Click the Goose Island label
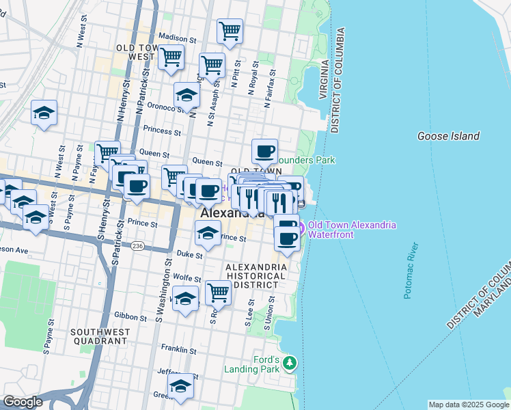pos(448,136)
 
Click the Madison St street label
pos(177,37)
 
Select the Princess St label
pos(162,131)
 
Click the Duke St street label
pos(190,254)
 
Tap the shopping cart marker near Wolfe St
pos(218,292)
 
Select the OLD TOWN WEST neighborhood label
pos(135,52)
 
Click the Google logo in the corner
pos(23,402)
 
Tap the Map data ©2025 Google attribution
pos(469,405)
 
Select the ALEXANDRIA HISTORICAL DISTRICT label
pos(255,275)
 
